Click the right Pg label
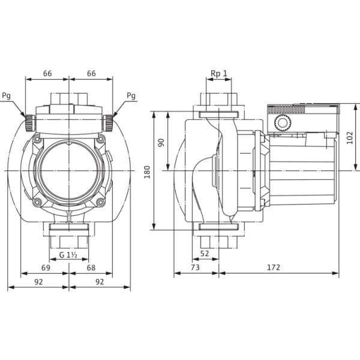(131, 95)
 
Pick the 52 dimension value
(205, 253)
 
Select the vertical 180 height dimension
(147, 170)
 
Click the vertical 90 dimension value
(161, 142)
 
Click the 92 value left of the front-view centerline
(40, 280)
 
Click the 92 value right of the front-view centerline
(99, 280)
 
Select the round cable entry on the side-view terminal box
(281, 125)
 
